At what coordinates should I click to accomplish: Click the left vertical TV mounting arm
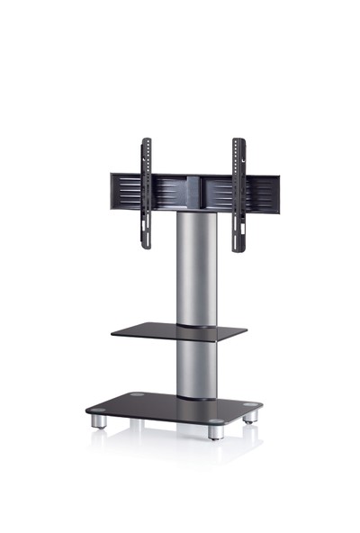pyautogui.click(x=145, y=194)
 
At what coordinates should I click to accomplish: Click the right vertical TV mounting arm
pyautogui.click(x=238, y=194)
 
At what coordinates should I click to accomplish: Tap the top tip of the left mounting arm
pyautogui.click(x=144, y=140)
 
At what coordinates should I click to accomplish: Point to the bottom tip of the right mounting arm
pyautogui.click(x=239, y=248)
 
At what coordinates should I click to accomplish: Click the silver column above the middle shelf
pyautogui.click(x=196, y=270)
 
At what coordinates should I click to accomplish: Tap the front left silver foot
pyautogui.click(x=99, y=421)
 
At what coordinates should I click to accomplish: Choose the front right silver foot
pyautogui.click(x=216, y=431)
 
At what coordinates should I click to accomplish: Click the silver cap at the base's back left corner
pyautogui.click(x=135, y=395)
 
